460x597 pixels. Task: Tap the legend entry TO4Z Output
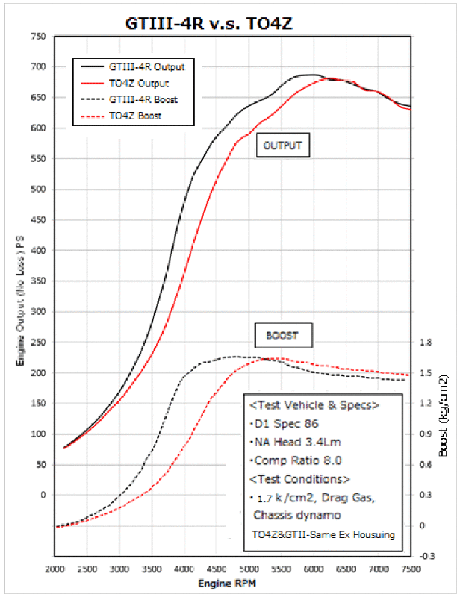tap(138, 83)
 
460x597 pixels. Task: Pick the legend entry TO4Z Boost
tap(135, 116)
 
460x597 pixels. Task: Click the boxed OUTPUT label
tap(282, 146)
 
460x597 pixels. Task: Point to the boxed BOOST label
tap(283, 335)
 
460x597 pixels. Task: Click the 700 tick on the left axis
tap(37, 67)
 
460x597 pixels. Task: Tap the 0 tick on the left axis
tap(43, 495)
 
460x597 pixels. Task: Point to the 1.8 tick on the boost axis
tap(426, 343)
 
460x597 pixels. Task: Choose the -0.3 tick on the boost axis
tap(428, 557)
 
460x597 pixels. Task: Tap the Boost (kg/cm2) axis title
tap(444, 415)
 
